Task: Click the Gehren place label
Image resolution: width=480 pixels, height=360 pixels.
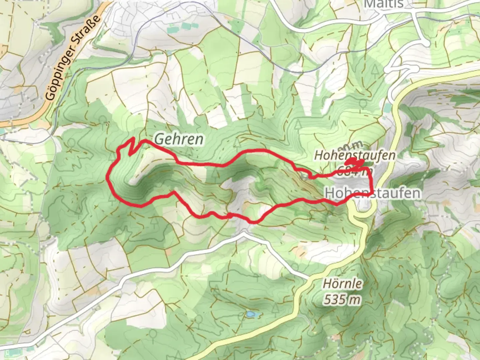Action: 179,139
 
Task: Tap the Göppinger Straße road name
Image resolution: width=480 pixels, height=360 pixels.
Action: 73,57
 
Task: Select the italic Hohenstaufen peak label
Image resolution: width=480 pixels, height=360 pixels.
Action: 355,155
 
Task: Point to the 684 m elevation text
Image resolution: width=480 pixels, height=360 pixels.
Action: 354,172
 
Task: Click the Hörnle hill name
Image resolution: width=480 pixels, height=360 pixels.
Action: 342,284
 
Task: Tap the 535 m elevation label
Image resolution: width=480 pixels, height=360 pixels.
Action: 342,300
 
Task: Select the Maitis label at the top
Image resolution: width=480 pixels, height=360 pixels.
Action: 384,4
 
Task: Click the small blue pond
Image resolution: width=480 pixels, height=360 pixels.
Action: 250,314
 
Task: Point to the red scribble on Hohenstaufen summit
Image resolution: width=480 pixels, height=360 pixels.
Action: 354,162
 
